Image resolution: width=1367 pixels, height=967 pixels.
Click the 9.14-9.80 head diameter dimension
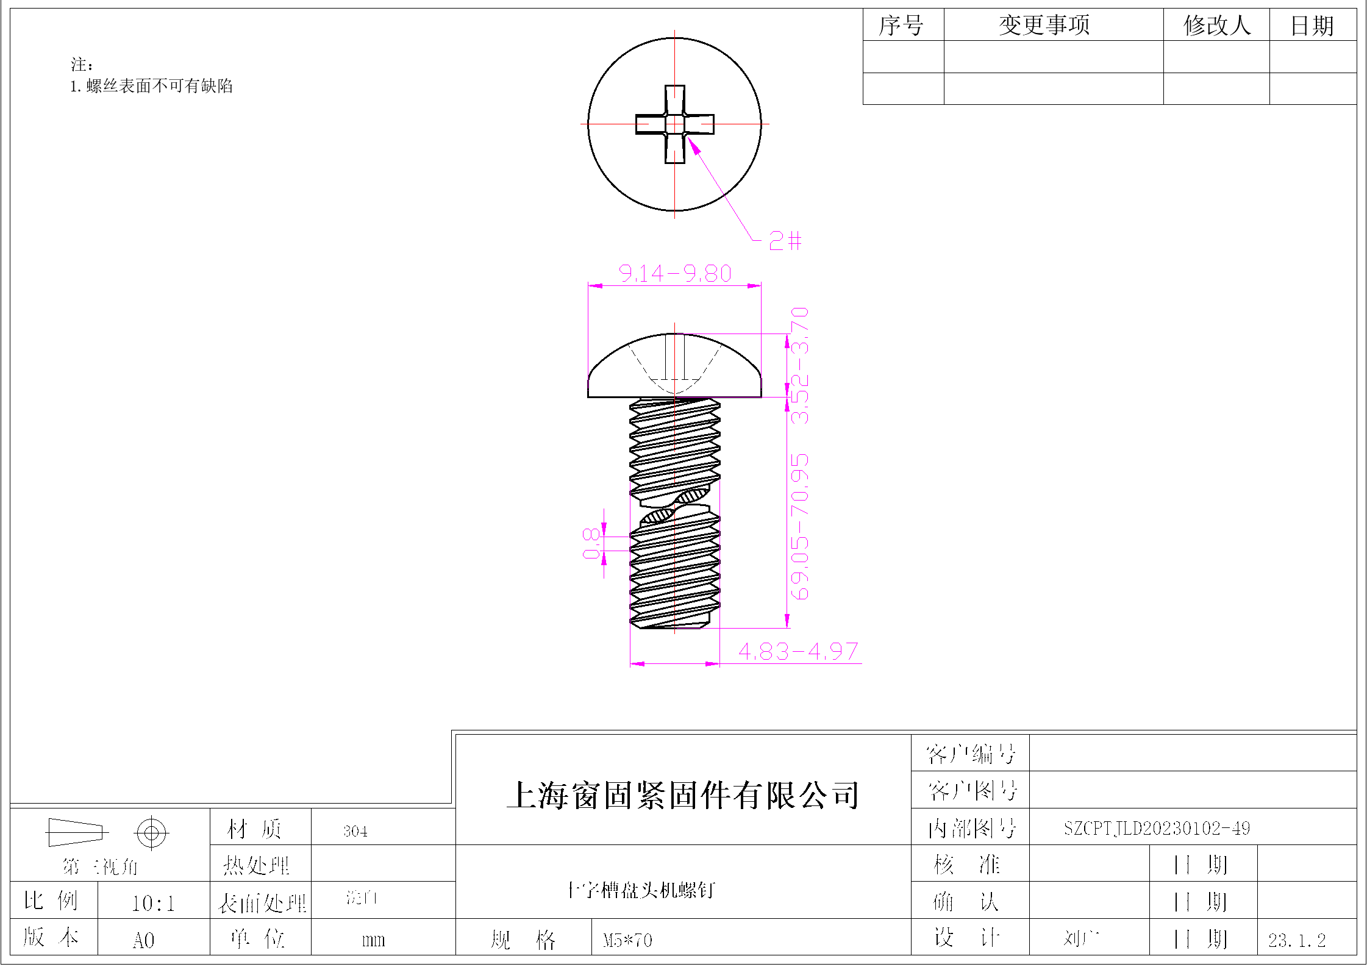pos(674,273)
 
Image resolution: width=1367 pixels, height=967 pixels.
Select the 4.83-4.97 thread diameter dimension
pos(798,651)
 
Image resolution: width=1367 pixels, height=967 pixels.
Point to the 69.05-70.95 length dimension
pos(799,526)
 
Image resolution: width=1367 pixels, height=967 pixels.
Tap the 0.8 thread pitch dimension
pos(591,543)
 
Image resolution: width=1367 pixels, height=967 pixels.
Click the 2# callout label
pos(785,240)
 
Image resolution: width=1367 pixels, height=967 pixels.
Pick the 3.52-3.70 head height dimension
pos(799,366)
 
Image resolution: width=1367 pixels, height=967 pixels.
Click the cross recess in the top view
pos(674,124)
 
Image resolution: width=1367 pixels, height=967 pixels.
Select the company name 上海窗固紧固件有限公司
pos(683,795)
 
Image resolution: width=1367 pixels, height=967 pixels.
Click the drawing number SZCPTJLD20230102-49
pos(1157,828)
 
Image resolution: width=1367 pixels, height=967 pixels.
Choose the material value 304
pos(355,831)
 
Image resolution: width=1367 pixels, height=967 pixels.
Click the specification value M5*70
pos(627,940)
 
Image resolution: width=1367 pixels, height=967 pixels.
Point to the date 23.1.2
pos(1297,940)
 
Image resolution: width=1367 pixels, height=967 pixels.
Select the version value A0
pos(143,940)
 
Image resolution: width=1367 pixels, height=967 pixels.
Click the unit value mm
pos(373,940)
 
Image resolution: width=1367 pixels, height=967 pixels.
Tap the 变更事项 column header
pos(1044,26)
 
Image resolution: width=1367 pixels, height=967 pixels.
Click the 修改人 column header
pos(1217,26)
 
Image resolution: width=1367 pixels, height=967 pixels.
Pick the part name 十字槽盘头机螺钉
pos(640,890)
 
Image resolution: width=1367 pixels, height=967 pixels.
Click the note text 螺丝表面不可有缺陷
pos(159,86)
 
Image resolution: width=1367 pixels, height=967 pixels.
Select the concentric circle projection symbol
pos(152,832)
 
